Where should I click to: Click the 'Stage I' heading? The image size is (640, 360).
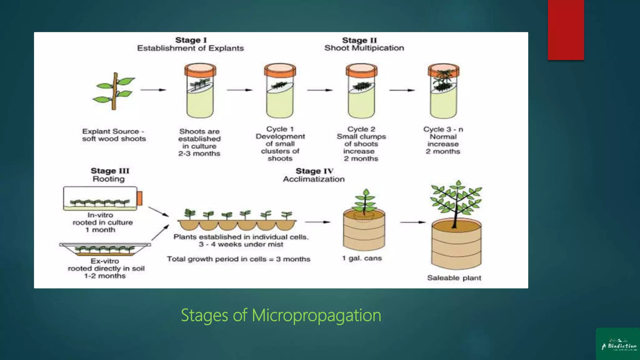pyautogui.click(x=191, y=40)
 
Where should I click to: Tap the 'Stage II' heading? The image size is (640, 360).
pyautogui.click(x=359, y=40)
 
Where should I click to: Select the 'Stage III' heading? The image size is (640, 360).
pyautogui.click(x=110, y=171)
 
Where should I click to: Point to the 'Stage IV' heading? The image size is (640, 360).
pyautogui.click(x=314, y=171)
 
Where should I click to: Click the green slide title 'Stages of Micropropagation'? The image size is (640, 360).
pyautogui.click(x=281, y=315)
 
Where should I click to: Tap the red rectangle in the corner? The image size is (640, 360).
pyautogui.click(x=566, y=30)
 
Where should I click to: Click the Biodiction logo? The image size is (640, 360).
pyautogui.click(x=618, y=344)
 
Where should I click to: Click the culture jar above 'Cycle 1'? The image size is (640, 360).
pyautogui.click(x=280, y=91)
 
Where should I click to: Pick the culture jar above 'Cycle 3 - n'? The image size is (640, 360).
pyautogui.click(x=443, y=91)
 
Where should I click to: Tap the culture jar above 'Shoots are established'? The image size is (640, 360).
pyautogui.click(x=200, y=91)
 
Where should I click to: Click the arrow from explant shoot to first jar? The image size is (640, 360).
pyautogui.click(x=153, y=90)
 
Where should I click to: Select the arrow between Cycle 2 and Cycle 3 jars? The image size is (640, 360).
pyautogui.click(x=402, y=90)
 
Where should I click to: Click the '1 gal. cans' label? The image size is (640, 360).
pyautogui.click(x=362, y=258)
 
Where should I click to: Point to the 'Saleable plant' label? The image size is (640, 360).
pyautogui.click(x=454, y=278)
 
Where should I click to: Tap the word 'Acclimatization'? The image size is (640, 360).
pyautogui.click(x=314, y=179)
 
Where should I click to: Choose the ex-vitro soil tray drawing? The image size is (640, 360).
pyautogui.click(x=105, y=249)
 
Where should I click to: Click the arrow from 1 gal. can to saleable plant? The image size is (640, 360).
pyautogui.click(x=413, y=222)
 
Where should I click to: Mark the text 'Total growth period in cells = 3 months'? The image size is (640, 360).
pyautogui.click(x=238, y=259)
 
